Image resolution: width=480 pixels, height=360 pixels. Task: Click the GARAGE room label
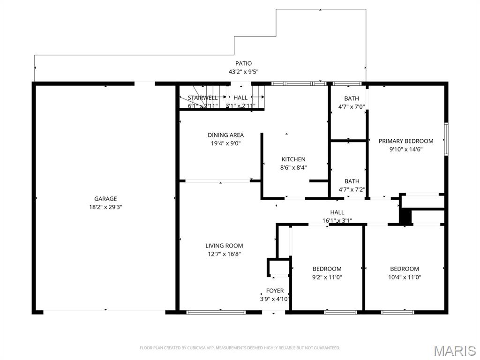(x=105, y=199)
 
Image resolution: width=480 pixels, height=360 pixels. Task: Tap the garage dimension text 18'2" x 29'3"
(x=105, y=207)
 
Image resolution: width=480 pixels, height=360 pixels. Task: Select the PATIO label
(x=243, y=63)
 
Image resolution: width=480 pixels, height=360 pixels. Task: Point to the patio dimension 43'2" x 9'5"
(x=243, y=72)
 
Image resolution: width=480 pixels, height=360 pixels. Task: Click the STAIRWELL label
(x=202, y=97)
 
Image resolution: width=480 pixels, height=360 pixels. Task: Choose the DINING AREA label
(x=225, y=135)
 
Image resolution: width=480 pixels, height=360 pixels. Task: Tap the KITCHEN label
(x=293, y=159)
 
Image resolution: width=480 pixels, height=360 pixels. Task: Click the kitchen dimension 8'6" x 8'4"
(x=293, y=167)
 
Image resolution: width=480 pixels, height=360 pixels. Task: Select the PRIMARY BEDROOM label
(x=406, y=141)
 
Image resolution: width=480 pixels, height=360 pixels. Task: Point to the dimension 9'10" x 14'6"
(x=406, y=150)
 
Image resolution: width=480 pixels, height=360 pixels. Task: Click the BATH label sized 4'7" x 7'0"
(x=352, y=98)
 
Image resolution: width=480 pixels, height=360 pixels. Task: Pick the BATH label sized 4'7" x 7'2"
(x=352, y=181)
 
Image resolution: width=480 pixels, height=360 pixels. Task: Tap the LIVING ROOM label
(x=224, y=246)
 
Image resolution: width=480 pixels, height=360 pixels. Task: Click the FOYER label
(x=275, y=291)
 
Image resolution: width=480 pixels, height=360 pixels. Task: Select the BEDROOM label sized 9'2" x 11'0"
(x=327, y=269)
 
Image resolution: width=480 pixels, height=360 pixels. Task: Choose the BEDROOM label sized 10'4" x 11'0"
(x=405, y=269)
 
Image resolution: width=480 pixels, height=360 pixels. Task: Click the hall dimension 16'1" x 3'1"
(x=337, y=220)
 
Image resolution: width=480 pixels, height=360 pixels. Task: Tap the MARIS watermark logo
(x=455, y=351)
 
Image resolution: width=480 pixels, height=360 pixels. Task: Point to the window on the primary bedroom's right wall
(x=446, y=139)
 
